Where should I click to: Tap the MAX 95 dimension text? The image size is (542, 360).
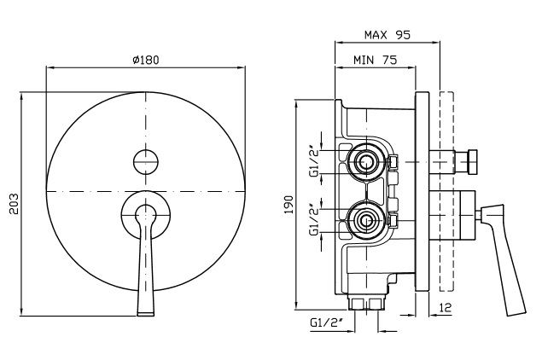coord(388,35)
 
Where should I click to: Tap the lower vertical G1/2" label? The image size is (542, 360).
coord(313,220)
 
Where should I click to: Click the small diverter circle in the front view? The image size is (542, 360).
coord(147,159)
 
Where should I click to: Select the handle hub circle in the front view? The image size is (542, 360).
coord(147,213)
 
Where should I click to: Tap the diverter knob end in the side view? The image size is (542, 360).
coord(471,159)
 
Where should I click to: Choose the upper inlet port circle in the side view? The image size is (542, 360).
coord(368,160)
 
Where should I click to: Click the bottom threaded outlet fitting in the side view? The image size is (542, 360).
coord(368,302)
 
